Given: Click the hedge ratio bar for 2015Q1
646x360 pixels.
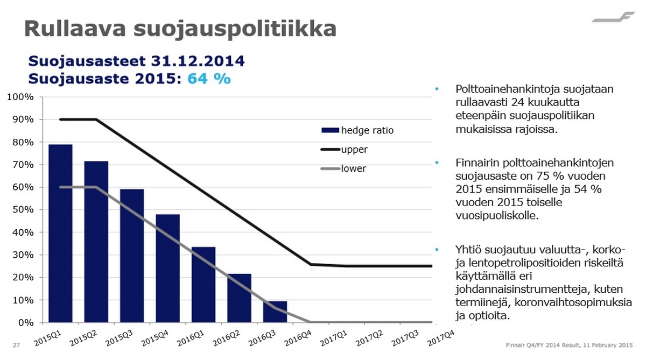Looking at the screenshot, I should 60,234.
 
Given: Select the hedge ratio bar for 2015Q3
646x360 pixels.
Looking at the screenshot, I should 132,256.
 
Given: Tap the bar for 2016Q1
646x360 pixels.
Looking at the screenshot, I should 203,285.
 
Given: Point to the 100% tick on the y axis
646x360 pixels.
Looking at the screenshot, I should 22,97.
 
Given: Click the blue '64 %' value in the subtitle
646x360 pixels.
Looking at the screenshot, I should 209,79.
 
